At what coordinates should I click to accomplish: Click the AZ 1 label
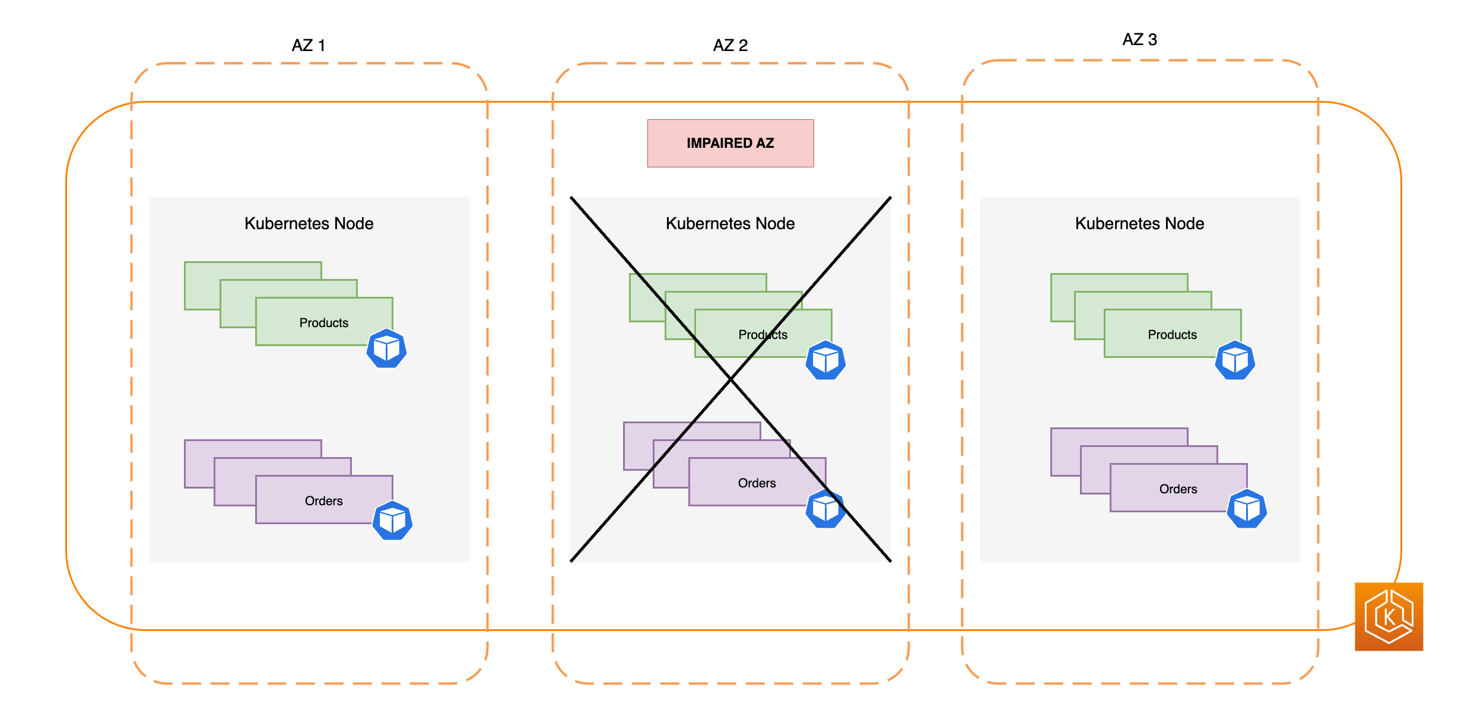coord(309,46)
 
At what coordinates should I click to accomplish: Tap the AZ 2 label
coord(730,46)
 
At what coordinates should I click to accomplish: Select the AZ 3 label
coord(1139,40)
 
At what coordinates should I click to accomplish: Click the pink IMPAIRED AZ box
coord(730,143)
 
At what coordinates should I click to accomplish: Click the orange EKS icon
coord(1389,616)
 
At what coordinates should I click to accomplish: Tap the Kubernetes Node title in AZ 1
coord(309,224)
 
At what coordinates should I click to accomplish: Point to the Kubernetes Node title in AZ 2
coord(730,224)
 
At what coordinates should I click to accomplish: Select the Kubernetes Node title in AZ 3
coord(1139,224)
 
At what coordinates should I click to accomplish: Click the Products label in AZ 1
coord(323,323)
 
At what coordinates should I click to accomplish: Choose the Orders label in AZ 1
coord(323,501)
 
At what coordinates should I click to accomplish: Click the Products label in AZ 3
coord(1172,335)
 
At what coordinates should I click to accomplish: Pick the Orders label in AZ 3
coord(1178,489)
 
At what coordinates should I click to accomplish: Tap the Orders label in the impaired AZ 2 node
coord(757,483)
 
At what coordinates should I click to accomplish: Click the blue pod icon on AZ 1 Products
coord(386,348)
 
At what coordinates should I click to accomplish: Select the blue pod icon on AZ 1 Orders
coord(392,521)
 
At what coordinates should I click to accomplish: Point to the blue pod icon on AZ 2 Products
coord(825,360)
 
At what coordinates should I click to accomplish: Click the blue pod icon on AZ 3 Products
coord(1235,360)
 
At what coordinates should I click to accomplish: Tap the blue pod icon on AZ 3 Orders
coord(1247,509)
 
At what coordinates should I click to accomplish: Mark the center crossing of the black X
coord(730,379)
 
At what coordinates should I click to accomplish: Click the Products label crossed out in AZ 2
coord(763,335)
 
